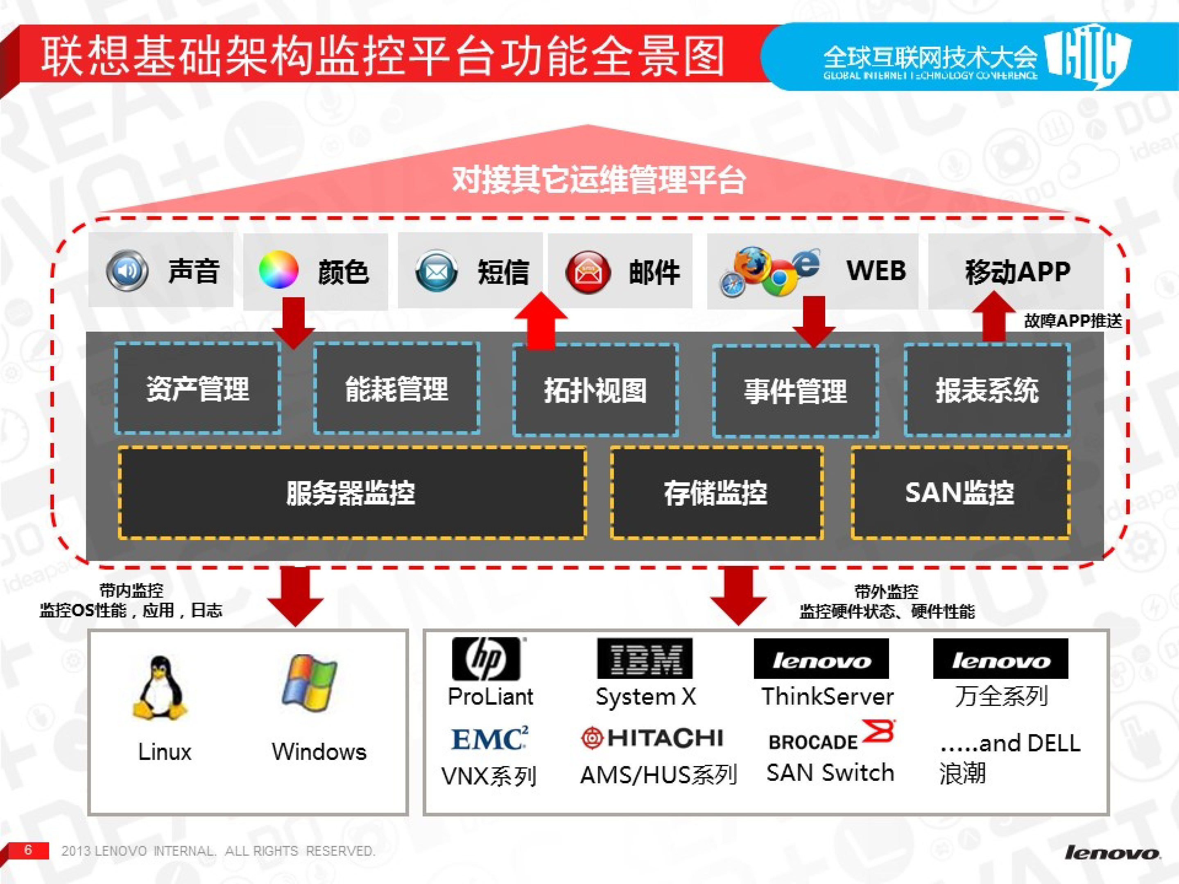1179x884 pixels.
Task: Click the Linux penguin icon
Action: tap(159, 688)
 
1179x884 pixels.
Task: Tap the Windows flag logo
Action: tap(309, 683)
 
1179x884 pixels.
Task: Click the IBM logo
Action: tap(645, 659)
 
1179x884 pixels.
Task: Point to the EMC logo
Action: tap(490, 739)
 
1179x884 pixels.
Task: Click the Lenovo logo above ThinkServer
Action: tap(821, 659)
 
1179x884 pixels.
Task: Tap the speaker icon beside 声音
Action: tap(127, 271)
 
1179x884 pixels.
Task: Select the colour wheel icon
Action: tap(278, 270)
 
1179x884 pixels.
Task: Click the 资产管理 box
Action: tap(198, 389)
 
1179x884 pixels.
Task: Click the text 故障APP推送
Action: tap(1073, 321)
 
